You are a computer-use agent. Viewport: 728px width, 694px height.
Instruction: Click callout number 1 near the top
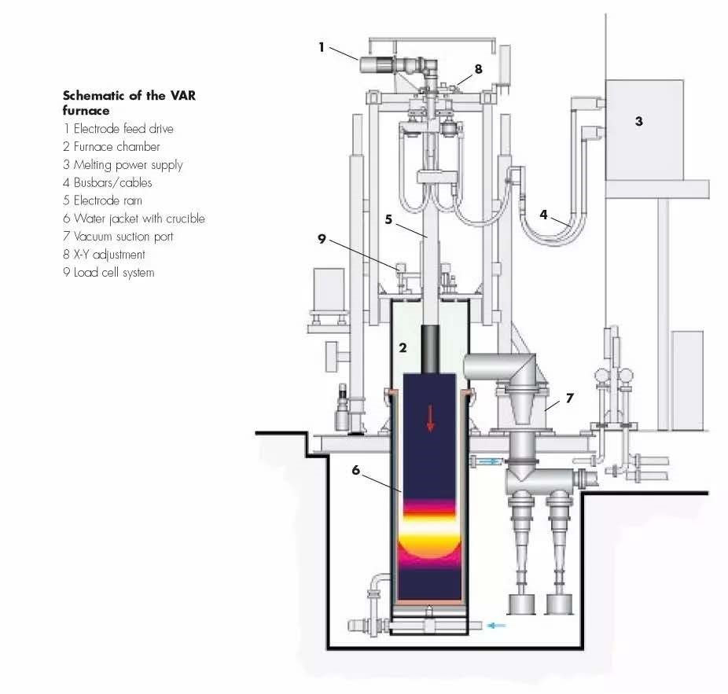[x=322, y=47]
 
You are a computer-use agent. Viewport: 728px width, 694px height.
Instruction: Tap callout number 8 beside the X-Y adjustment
[x=478, y=69]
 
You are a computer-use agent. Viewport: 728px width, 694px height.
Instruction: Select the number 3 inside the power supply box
[x=639, y=122]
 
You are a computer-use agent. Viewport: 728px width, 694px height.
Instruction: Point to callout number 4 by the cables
[x=544, y=214]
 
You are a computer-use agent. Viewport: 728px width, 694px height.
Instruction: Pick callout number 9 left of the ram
[x=322, y=239]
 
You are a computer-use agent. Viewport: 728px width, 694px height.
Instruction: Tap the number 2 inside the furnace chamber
[x=402, y=347]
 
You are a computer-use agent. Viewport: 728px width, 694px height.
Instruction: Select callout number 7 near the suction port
[x=570, y=398]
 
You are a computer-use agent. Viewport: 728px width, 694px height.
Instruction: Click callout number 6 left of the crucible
[x=355, y=470]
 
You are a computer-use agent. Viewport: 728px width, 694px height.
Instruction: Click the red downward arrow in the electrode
[x=430, y=417]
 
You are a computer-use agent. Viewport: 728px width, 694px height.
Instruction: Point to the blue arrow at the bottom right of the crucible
[x=496, y=626]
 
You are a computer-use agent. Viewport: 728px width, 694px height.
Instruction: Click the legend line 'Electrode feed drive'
[x=118, y=128]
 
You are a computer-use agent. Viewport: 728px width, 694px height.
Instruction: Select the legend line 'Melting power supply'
[x=123, y=164]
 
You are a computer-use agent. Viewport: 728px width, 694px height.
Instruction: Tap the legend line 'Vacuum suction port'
[x=118, y=237]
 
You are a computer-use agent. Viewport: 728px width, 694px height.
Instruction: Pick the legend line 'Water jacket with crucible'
[x=134, y=218]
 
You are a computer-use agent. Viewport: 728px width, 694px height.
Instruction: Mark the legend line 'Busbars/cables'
[x=108, y=182]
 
